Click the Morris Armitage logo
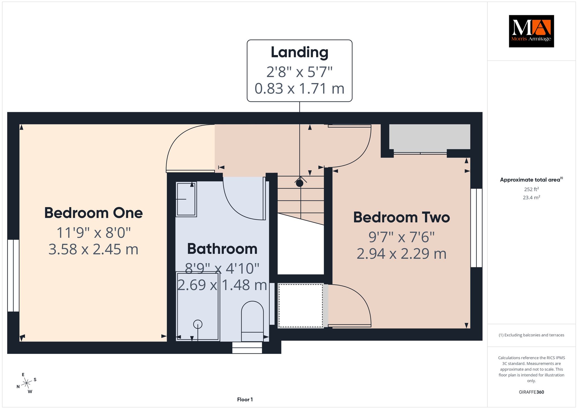click(x=531, y=31)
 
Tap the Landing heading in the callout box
click(x=299, y=53)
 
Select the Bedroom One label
click(x=93, y=213)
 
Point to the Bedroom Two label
click(x=402, y=217)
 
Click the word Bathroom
click(x=222, y=249)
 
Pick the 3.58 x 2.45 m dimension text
click(x=93, y=249)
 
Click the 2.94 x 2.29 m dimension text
click(x=402, y=254)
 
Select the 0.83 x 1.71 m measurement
click(x=299, y=88)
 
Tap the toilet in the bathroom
click(x=252, y=321)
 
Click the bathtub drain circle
click(x=198, y=324)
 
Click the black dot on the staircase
click(x=299, y=183)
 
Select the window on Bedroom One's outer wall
click(x=13, y=276)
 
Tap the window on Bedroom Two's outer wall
click(x=476, y=228)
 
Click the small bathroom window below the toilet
click(x=247, y=348)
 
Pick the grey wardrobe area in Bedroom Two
click(x=430, y=137)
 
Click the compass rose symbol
click(x=27, y=383)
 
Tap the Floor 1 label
click(x=245, y=399)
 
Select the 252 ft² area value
click(x=531, y=189)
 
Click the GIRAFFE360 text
click(x=531, y=392)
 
